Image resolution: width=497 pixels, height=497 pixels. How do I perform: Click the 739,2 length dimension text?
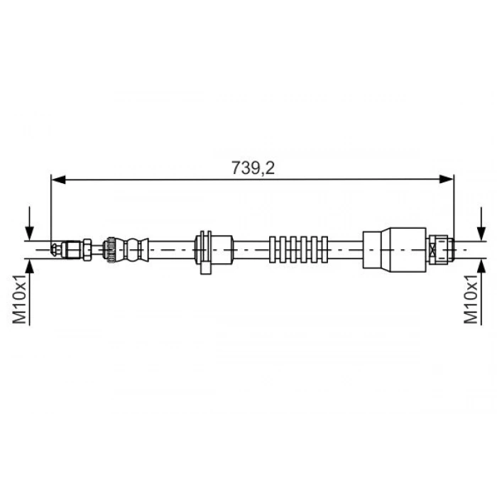click(253, 168)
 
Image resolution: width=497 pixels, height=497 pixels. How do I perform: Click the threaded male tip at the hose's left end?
click(57, 248)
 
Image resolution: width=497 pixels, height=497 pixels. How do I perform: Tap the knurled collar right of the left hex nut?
click(110, 248)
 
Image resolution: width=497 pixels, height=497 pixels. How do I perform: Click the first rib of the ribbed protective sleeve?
click(274, 248)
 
